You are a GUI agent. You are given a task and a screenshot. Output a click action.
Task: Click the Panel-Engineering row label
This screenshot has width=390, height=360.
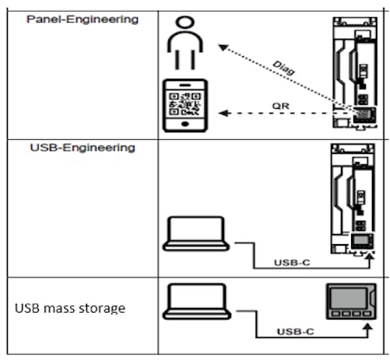coord(83,19)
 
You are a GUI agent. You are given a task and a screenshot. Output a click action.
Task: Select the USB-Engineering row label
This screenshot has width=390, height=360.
coord(83,148)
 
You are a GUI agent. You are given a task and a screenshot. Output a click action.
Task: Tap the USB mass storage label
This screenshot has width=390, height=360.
coord(70,308)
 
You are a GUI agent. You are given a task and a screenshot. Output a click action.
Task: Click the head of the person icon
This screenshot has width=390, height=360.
coord(185,22)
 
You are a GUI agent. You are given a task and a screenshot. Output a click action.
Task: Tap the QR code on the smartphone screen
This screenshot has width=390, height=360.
coord(185,104)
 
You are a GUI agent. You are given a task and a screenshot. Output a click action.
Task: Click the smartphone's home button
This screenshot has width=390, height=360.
coord(185,124)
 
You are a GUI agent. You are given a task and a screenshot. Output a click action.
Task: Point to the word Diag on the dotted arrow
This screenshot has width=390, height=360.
coord(284,68)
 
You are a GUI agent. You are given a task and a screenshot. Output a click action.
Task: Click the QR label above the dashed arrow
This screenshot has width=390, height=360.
coord(280,106)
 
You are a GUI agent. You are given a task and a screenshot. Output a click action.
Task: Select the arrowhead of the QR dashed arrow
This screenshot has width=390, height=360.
coord(223,114)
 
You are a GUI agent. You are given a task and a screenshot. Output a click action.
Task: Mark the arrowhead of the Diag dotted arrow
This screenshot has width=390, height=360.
coord(223,47)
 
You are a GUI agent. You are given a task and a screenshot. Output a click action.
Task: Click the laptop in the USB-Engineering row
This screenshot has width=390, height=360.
coord(196,233)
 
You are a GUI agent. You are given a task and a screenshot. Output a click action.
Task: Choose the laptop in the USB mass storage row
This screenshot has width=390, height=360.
coord(197,302)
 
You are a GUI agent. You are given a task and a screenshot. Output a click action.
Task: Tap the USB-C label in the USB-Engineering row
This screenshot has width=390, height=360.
coord(292,263)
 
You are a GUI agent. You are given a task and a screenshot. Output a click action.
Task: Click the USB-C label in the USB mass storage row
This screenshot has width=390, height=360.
coord(295,331)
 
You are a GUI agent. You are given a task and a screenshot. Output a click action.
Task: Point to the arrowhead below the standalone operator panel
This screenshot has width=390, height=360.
coord(367,327)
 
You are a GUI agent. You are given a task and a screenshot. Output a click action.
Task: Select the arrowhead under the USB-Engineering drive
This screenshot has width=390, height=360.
coord(370,257)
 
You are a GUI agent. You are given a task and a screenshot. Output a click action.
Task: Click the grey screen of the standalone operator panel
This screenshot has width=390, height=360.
coord(349,298)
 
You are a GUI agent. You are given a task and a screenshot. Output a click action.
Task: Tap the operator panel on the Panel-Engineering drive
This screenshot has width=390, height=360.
coord(364,114)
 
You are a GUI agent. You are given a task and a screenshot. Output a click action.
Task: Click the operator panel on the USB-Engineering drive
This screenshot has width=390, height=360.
coord(362,241)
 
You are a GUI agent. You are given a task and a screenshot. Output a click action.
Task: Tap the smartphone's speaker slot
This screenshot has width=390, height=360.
coord(185,85)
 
